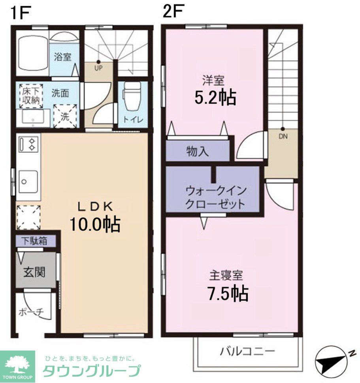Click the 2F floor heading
[x=173, y=12]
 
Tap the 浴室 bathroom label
[x=62, y=57]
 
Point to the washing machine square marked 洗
[x=64, y=116]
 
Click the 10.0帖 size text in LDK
[x=95, y=225]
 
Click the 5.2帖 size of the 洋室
[x=215, y=97]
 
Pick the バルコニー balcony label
[x=247, y=351]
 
